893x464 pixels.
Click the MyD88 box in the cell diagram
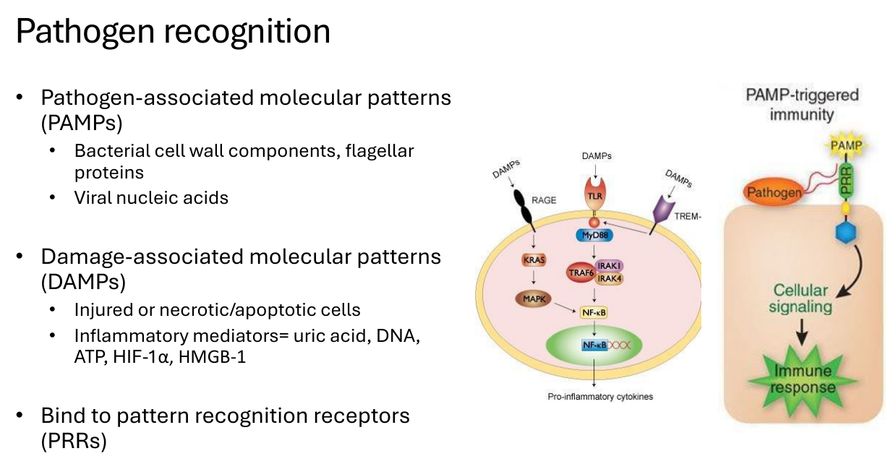coord(594,235)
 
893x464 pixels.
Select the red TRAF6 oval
coord(581,272)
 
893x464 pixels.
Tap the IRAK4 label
coord(609,279)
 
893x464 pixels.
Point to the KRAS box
coord(534,260)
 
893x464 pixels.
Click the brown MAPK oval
coord(534,298)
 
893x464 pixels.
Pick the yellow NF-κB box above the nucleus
coord(594,312)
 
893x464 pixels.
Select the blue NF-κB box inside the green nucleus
coord(594,345)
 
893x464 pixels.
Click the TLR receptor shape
coord(595,194)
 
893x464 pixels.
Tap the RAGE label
coord(544,200)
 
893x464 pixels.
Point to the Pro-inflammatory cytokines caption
coord(600,397)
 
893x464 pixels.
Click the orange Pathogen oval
coord(774,192)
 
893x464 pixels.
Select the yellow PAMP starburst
coord(846,145)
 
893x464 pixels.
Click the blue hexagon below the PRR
coord(845,233)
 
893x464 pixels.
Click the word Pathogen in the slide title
coord(85,32)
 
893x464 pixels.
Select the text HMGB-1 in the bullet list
coord(212,357)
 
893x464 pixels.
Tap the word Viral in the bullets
coord(93,198)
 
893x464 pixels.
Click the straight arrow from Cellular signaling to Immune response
coord(802,331)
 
